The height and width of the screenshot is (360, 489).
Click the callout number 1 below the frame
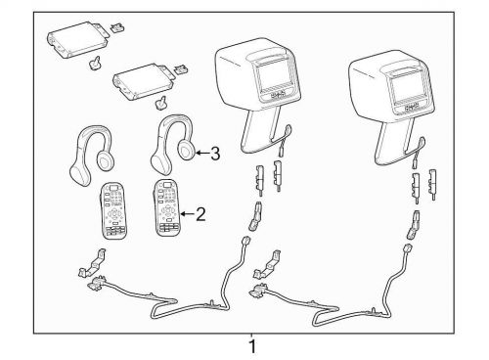pos(252,346)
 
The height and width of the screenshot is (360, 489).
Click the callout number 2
pos(200,214)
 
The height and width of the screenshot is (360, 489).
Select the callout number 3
pos(215,154)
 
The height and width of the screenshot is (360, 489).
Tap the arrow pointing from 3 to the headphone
pos(202,153)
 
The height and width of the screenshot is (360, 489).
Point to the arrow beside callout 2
pos(188,214)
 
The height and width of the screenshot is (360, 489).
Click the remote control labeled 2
pos(166,207)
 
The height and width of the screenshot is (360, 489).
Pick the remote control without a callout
pos(112,210)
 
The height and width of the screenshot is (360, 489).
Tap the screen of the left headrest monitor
pos(273,76)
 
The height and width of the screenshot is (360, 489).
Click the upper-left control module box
pos(77,40)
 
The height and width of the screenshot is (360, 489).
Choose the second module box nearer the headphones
pos(143,81)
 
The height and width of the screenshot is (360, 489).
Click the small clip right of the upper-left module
pos(117,27)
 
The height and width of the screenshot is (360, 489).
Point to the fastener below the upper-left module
pos(96,62)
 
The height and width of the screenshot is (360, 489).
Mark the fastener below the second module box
pos(160,103)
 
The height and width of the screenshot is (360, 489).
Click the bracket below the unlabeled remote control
pos(93,263)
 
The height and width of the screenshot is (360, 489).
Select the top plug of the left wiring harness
pos(244,243)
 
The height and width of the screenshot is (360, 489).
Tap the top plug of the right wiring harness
pos(409,249)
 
